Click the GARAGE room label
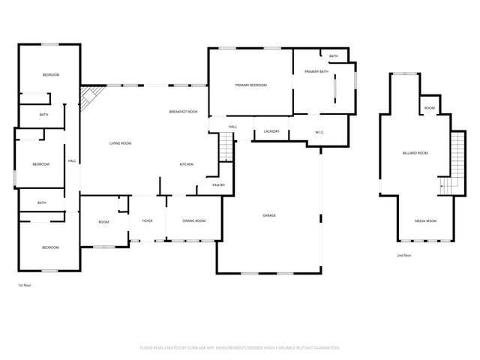(268, 215)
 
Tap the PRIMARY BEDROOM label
(250, 85)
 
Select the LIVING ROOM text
(121, 142)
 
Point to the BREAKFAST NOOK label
(183, 111)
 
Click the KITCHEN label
(187, 164)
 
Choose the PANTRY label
(218, 184)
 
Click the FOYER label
(148, 220)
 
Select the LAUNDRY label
(271, 131)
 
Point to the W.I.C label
(318, 133)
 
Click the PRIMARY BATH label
(316, 71)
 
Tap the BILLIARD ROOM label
(415, 153)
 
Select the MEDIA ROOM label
(425, 220)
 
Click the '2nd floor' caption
(405, 255)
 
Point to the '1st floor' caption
(25, 285)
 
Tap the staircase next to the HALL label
(228, 147)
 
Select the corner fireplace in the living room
(89, 97)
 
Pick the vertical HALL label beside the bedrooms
(72, 160)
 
